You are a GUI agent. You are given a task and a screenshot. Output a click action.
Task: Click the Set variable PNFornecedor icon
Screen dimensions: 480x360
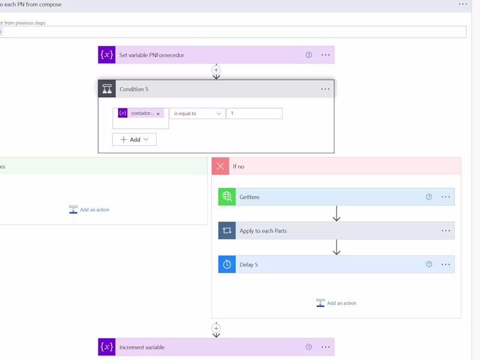click(107, 55)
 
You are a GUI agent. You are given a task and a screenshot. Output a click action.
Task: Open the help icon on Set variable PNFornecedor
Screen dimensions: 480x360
click(308, 55)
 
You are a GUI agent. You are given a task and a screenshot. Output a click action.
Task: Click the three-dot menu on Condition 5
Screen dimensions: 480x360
click(325, 89)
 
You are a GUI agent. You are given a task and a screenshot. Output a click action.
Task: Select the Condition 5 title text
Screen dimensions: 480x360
click(134, 89)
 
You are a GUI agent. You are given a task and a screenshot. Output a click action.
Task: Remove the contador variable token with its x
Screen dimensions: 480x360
click(158, 114)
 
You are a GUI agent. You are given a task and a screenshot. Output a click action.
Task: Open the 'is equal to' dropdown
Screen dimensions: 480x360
click(197, 113)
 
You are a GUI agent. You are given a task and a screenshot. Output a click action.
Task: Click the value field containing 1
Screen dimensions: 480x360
click(254, 113)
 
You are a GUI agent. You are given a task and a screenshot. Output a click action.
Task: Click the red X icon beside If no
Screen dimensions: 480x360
click(220, 166)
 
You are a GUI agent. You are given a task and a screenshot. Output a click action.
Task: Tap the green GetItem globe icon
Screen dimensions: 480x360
click(227, 197)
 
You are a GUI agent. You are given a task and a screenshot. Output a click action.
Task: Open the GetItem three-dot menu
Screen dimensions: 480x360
click(446, 197)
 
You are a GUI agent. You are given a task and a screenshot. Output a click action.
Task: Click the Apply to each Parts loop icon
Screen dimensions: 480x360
click(227, 230)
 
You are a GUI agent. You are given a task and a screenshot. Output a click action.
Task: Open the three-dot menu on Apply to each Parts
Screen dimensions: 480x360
click(446, 230)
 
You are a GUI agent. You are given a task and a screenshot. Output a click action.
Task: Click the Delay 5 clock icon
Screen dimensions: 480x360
click(227, 264)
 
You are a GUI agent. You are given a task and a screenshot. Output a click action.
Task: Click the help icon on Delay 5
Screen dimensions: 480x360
click(429, 264)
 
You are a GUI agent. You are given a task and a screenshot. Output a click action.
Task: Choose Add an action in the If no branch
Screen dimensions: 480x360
click(336, 303)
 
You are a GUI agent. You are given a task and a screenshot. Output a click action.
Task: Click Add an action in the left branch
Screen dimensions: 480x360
click(89, 209)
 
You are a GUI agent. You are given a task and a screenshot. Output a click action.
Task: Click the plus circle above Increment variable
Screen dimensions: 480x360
click(216, 328)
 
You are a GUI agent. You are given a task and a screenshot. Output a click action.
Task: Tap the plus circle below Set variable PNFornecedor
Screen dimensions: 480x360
click(216, 70)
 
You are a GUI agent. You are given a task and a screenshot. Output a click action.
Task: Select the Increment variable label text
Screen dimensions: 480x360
click(142, 347)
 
